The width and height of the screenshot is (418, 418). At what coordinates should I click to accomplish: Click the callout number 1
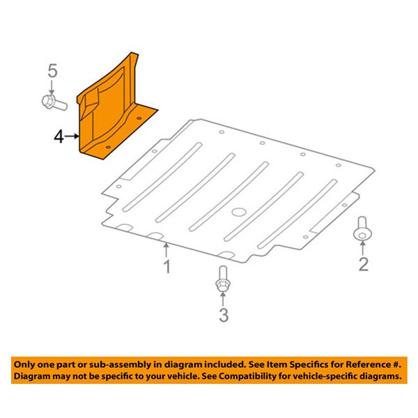(167, 267)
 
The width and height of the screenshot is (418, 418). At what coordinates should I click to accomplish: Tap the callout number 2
(364, 265)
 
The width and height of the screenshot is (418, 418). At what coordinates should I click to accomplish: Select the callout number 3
(224, 315)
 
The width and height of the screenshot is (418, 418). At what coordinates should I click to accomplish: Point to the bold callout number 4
(59, 137)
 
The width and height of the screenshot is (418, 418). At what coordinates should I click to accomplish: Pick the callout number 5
(52, 70)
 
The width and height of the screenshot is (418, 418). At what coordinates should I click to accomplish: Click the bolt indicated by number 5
(54, 102)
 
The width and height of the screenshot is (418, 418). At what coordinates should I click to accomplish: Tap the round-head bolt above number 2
(362, 229)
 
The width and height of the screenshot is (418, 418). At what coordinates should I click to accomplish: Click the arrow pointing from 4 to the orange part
(72, 137)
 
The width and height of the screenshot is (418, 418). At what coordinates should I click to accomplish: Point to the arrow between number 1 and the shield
(167, 250)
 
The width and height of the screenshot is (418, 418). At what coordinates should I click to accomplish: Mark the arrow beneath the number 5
(52, 87)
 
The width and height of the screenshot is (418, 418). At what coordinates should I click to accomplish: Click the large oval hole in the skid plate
(239, 212)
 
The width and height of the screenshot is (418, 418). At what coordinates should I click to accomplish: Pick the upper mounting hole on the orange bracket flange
(139, 118)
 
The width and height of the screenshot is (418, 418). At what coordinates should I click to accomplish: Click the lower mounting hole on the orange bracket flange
(108, 147)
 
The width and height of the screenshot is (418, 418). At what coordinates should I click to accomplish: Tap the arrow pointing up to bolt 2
(362, 249)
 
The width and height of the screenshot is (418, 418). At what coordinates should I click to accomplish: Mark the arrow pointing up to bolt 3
(223, 299)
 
